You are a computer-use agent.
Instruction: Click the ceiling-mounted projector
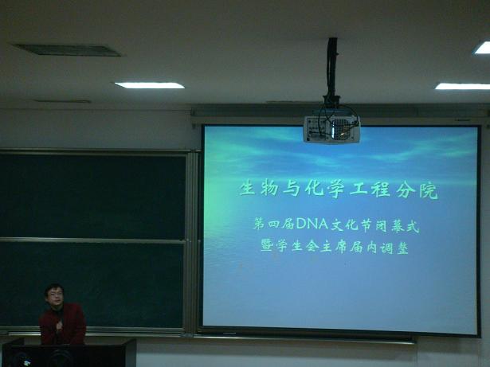[x=332, y=129]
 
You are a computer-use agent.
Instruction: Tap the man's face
[x=54, y=295]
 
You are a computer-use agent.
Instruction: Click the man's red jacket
[x=62, y=324]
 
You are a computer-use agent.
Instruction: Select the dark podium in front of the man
[x=68, y=353]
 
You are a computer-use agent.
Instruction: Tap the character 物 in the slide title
[x=269, y=189]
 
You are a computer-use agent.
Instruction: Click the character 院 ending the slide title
[x=429, y=190]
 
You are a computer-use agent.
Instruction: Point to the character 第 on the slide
[x=260, y=224]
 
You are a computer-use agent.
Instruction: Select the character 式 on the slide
[x=412, y=226]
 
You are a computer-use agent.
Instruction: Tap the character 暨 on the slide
[x=267, y=247]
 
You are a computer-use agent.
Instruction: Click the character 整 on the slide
[x=402, y=248]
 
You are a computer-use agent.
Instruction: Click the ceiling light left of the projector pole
[x=149, y=85]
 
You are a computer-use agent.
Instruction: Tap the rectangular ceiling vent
[x=67, y=50]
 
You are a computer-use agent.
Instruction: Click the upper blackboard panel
[x=92, y=196]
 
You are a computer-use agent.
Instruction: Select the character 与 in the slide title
[x=292, y=189]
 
